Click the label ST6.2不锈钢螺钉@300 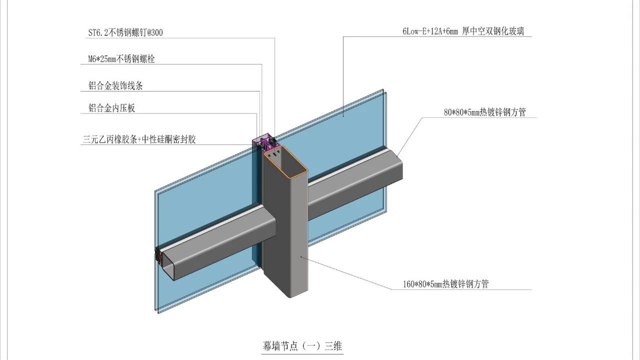point(125,33)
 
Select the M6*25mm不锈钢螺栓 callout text point(121,59)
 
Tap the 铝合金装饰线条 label point(115,86)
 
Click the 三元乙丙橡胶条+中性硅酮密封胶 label point(139,140)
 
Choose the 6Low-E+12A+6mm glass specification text point(466,31)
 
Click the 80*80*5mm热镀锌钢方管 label point(484,112)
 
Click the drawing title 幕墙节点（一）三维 point(302,345)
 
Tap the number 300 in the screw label point(156,33)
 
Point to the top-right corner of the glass point(383,90)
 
